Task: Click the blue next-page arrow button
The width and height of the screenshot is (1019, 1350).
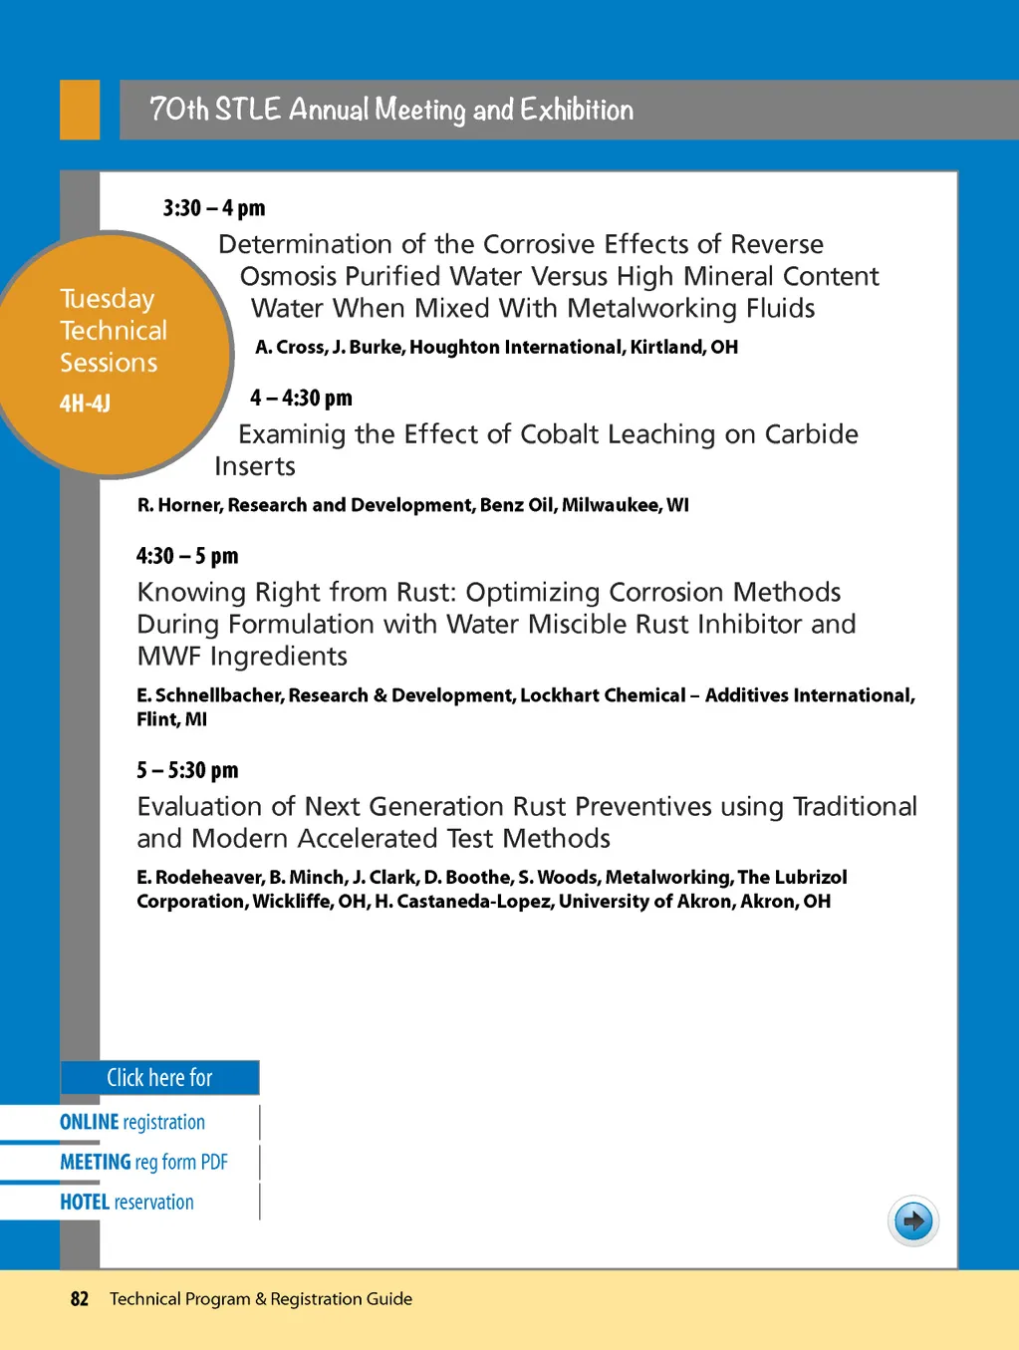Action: pyautogui.click(x=912, y=1220)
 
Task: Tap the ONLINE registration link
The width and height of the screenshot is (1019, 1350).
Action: pyautogui.click(x=132, y=1122)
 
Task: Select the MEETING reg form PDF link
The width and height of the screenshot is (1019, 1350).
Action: pyautogui.click(x=143, y=1162)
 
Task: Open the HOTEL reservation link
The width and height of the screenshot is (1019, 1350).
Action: pyautogui.click(x=127, y=1202)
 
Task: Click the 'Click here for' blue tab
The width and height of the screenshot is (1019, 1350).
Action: pyautogui.click(x=159, y=1078)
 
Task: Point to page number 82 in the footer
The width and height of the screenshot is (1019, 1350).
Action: pyautogui.click(x=80, y=1298)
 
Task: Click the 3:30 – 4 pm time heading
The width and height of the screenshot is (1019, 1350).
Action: pyautogui.click(x=214, y=208)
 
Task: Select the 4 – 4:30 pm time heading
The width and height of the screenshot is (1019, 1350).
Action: pyautogui.click(x=301, y=398)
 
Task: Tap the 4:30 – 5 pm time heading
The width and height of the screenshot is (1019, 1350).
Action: pyautogui.click(x=187, y=555)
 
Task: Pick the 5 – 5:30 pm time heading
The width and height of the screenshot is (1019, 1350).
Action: pyautogui.click(x=187, y=769)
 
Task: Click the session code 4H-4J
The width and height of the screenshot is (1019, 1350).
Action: pyautogui.click(x=85, y=404)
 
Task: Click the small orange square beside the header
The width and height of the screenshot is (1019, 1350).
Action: pyautogui.click(x=80, y=110)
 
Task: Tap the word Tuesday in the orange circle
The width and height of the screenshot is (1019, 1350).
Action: pyautogui.click(x=108, y=299)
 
